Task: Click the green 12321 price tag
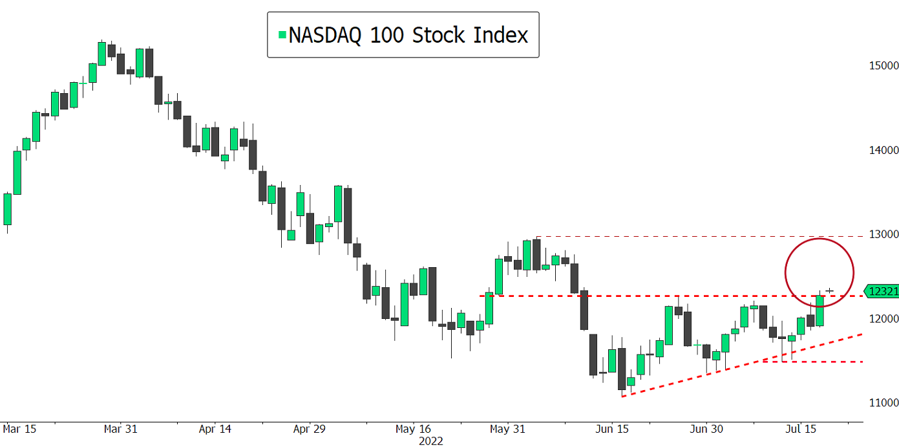[883, 292]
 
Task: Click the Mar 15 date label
[19, 429]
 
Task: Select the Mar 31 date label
[122, 429]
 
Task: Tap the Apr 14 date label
[215, 429]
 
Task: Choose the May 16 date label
[413, 429]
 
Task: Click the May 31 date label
[508, 429]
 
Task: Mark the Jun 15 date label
[612, 429]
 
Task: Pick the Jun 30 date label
[707, 429]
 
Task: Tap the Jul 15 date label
[801, 429]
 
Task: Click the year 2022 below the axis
[431, 441]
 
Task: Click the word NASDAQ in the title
[325, 35]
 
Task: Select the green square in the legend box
[282, 35]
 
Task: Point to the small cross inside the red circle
[829, 291]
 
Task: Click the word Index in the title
[501, 35]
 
